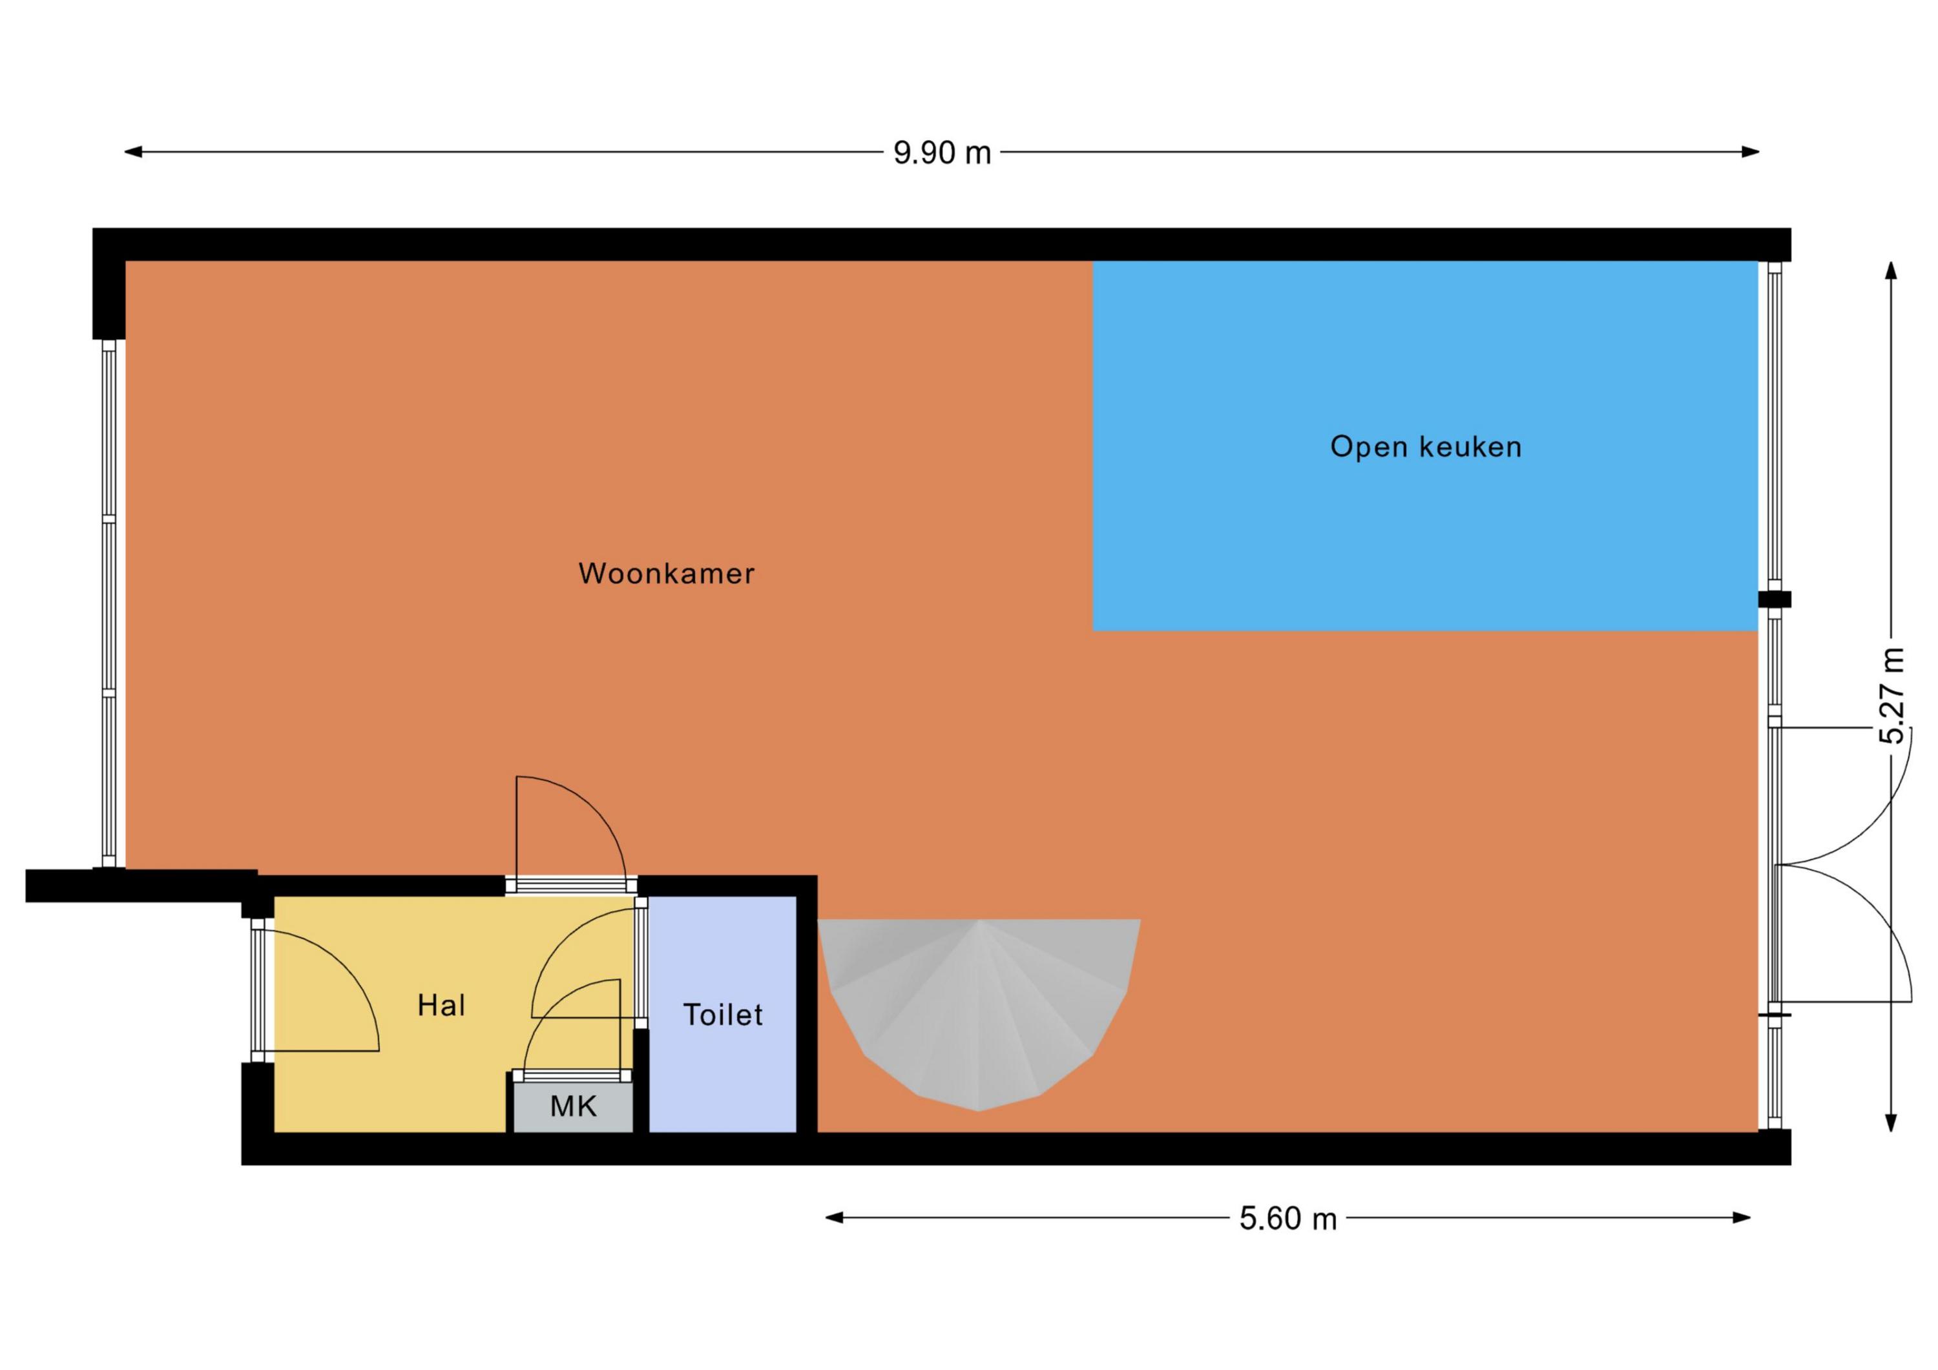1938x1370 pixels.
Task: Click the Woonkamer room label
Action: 666,574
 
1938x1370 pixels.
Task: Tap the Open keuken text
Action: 1426,446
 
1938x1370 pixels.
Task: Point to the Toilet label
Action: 722,1014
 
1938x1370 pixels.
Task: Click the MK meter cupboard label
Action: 573,1106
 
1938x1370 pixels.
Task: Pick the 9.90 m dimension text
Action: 942,153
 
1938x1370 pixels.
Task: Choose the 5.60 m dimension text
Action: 1288,1219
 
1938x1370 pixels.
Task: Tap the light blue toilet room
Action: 722,1014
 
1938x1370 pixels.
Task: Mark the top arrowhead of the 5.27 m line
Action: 1891,270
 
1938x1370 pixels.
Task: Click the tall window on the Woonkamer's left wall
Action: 108,603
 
